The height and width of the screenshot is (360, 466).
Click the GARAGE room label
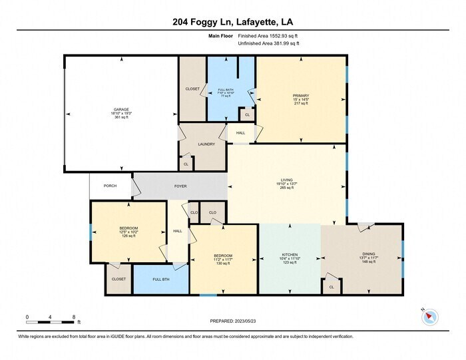point(120,109)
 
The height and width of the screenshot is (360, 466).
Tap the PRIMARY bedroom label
point(301,96)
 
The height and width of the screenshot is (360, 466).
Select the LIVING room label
point(286,179)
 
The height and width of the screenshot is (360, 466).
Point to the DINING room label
point(368,253)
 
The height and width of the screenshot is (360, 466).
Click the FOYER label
point(181,186)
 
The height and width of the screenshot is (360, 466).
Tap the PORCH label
point(110,186)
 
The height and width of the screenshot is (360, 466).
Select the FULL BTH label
point(161,279)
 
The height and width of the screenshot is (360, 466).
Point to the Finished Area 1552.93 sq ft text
point(268,35)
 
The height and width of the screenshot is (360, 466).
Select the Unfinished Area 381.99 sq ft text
point(268,43)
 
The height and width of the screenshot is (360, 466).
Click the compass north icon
point(428,317)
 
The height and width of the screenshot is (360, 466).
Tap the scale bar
point(52,322)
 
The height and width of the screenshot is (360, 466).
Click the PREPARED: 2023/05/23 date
point(232,321)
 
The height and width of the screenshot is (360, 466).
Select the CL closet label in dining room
point(331,287)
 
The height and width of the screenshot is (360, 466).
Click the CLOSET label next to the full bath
point(192,89)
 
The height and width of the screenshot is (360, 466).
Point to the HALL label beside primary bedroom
point(240,132)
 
